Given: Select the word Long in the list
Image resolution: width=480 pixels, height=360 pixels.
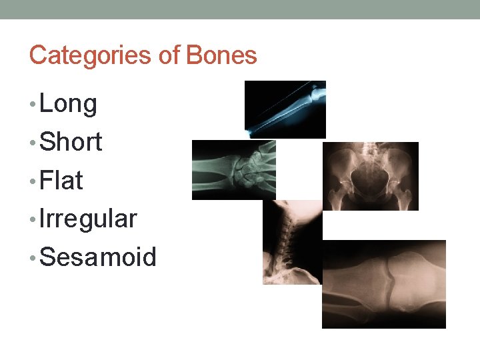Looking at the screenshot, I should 68,104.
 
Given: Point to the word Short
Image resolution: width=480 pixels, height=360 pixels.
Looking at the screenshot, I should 71,142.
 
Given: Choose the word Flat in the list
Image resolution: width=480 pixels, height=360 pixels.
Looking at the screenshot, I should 61,180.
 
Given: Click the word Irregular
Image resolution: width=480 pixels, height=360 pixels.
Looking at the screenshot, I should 88,219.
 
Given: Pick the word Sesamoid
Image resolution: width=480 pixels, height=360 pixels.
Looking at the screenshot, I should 98,257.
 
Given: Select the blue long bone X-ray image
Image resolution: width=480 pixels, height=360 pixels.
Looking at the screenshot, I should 285,109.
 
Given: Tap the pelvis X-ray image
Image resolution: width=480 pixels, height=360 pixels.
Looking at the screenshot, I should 371,176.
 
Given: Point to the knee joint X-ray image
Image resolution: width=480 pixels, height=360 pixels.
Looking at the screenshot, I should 384,284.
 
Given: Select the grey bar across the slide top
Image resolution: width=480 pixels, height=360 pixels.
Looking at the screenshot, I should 240,9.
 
